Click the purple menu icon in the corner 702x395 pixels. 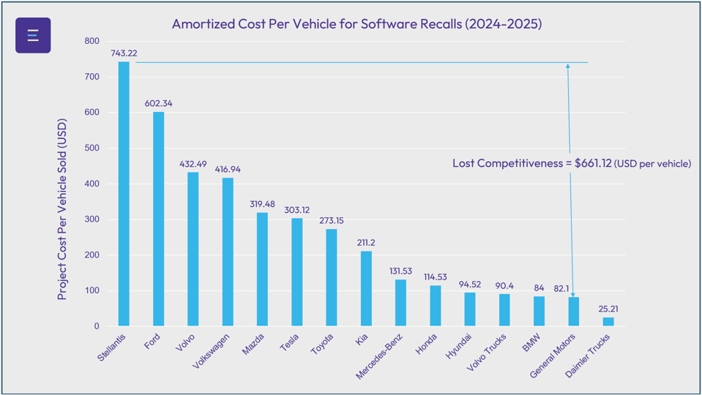33,35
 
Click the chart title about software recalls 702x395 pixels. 356,23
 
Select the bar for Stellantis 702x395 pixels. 124,194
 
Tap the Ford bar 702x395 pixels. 158,219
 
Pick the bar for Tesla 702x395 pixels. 296,272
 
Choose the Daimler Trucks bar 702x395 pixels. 608,322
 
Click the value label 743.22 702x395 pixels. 124,53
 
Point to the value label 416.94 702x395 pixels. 228,169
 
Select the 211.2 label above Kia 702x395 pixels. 366,242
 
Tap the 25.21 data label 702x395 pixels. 608,309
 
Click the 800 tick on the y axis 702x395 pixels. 92,42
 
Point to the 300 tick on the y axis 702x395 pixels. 92,219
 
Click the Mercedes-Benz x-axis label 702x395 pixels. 381,356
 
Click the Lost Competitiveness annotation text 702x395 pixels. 571,163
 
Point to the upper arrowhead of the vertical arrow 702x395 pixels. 567,66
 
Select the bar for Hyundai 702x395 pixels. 470,309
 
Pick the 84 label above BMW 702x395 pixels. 539,287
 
